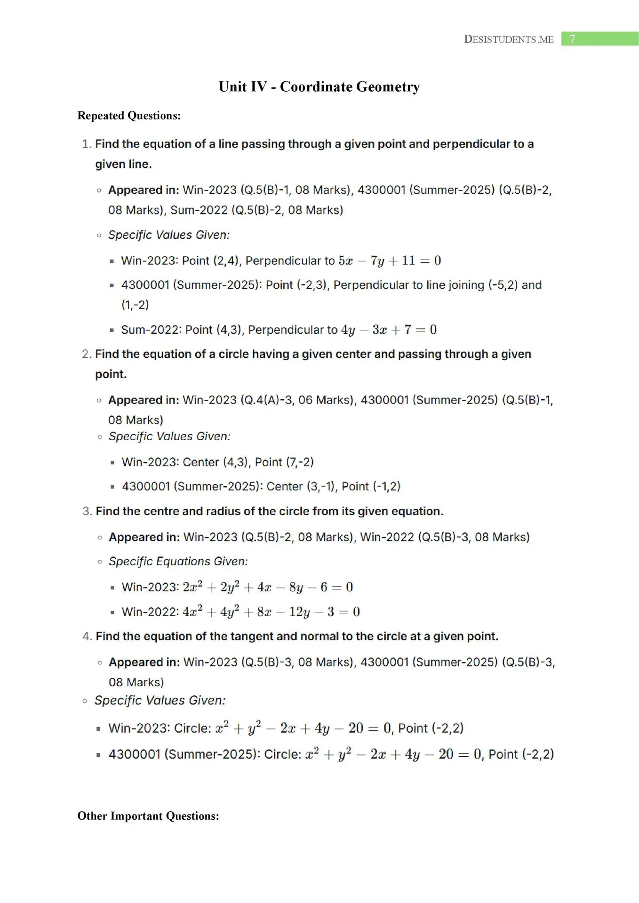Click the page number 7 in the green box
tap(572, 39)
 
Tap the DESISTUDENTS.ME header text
tap(509, 40)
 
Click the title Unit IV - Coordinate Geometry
tap(319, 87)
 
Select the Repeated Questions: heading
tap(129, 116)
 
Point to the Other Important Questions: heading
tap(148, 816)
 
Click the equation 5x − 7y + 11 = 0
tap(390, 261)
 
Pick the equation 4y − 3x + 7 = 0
tap(389, 330)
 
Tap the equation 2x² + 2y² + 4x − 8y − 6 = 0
tap(268, 587)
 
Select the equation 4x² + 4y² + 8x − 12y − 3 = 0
tap(271, 612)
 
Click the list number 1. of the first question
tap(87, 144)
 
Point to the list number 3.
tap(87, 511)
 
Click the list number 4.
tap(87, 636)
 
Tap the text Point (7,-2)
tap(284, 462)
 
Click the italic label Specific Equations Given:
tap(178, 562)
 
